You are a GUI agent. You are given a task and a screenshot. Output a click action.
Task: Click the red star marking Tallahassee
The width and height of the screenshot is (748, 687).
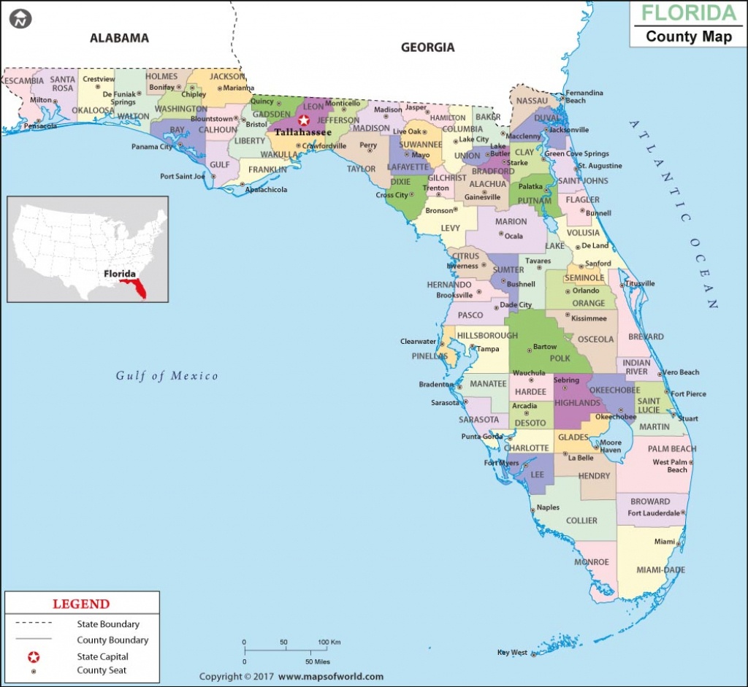(304, 120)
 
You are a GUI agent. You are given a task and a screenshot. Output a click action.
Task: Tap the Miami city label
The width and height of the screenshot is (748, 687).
(665, 542)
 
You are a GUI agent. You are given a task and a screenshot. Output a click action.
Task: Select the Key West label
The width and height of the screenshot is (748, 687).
(512, 653)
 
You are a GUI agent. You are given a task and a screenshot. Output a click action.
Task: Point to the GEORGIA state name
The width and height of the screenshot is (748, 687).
(427, 47)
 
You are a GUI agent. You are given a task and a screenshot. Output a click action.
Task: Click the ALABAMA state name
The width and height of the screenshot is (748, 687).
(119, 37)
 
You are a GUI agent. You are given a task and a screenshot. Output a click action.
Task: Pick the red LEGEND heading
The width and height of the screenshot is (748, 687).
(81, 604)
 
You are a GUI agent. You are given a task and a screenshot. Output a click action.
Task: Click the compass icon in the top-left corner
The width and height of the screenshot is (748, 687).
(21, 19)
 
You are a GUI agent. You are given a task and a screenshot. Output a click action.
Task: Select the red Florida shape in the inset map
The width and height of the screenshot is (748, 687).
(136, 287)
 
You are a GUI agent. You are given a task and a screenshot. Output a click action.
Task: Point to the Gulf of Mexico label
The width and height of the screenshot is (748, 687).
(167, 376)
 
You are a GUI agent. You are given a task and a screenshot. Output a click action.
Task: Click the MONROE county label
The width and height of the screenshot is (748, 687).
(592, 562)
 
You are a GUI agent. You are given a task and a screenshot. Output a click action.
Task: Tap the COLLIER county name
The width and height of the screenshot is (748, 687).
(581, 521)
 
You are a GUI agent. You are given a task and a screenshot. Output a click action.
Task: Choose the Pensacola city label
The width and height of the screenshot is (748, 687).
(40, 126)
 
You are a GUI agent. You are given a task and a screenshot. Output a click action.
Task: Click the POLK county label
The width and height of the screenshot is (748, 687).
(560, 358)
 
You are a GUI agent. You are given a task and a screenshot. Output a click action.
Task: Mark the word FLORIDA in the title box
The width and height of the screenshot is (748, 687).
(690, 13)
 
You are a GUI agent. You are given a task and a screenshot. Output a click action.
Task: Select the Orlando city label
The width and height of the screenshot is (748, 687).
(586, 291)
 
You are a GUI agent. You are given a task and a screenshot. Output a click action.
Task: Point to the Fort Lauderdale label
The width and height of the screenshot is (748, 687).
(654, 513)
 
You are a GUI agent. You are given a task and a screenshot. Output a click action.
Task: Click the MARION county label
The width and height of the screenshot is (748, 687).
(511, 221)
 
